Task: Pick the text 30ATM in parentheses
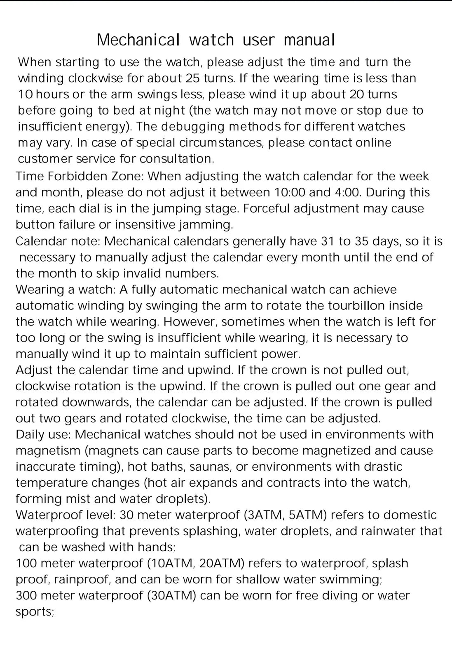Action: [172, 595]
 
